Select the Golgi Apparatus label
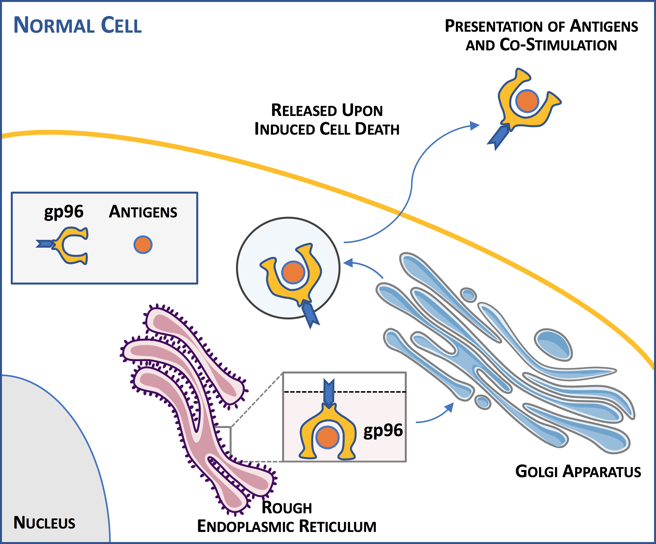coord(578,472)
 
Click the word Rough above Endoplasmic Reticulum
coord(287,507)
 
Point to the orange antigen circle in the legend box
coord(143,245)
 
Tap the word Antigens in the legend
coord(143,212)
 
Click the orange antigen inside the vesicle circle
coord(293,272)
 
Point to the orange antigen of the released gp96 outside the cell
coord(527,101)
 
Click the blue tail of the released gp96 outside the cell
coord(499,137)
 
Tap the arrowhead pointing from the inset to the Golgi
coord(449,407)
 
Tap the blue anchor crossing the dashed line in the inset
coord(329,392)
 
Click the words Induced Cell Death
coord(327,129)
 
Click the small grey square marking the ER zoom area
coord(223,444)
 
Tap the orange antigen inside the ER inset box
coord(327,437)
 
